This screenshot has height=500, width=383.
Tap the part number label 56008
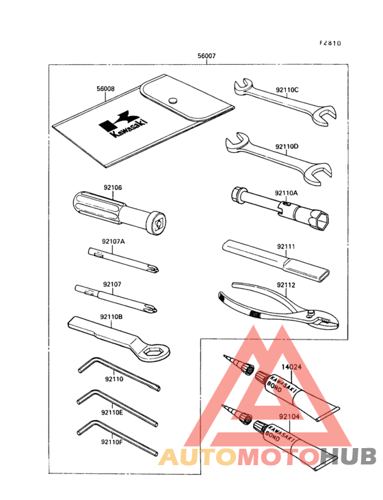(x=105, y=88)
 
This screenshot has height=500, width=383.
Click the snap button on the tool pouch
(x=174, y=99)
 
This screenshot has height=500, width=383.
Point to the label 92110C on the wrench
(x=287, y=89)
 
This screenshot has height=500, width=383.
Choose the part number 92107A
(x=114, y=242)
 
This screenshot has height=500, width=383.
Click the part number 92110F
(x=111, y=442)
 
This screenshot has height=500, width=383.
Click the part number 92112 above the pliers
(x=286, y=285)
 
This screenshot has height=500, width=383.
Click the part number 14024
(x=293, y=367)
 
